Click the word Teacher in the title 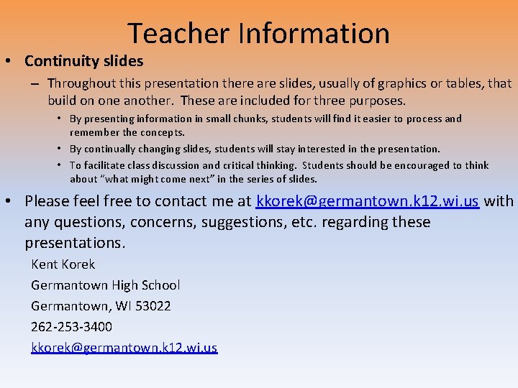[x=180, y=34]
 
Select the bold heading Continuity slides [x=84, y=61]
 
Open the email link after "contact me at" [x=367, y=201]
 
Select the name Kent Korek [x=63, y=264]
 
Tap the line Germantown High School [x=105, y=285]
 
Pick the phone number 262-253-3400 [x=71, y=327]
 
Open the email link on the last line [x=124, y=348]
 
